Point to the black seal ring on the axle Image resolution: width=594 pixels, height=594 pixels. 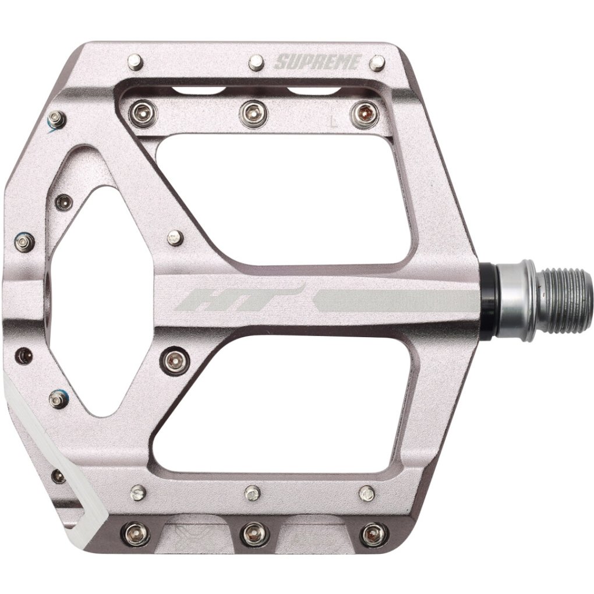(489, 302)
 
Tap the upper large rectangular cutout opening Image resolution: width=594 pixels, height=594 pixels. (280, 198)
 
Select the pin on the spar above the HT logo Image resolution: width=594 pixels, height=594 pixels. (174, 238)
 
